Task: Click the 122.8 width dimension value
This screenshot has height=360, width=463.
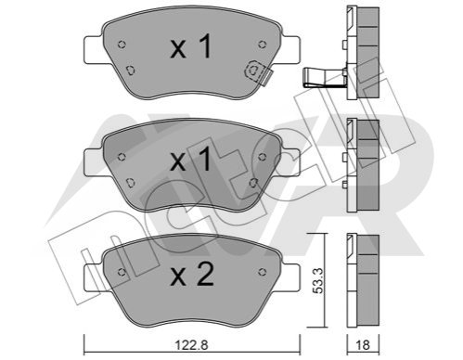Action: point(192,344)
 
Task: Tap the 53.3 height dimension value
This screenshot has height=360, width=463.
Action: point(317,280)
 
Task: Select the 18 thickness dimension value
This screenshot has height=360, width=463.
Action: point(363,344)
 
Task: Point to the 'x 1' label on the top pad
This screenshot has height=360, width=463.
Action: point(191,46)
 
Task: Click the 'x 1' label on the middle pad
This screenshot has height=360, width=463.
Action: point(191,159)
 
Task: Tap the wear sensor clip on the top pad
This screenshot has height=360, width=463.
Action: point(258,72)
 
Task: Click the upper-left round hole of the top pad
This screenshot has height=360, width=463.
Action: point(122,45)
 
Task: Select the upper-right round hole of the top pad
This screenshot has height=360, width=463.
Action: point(262,45)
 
